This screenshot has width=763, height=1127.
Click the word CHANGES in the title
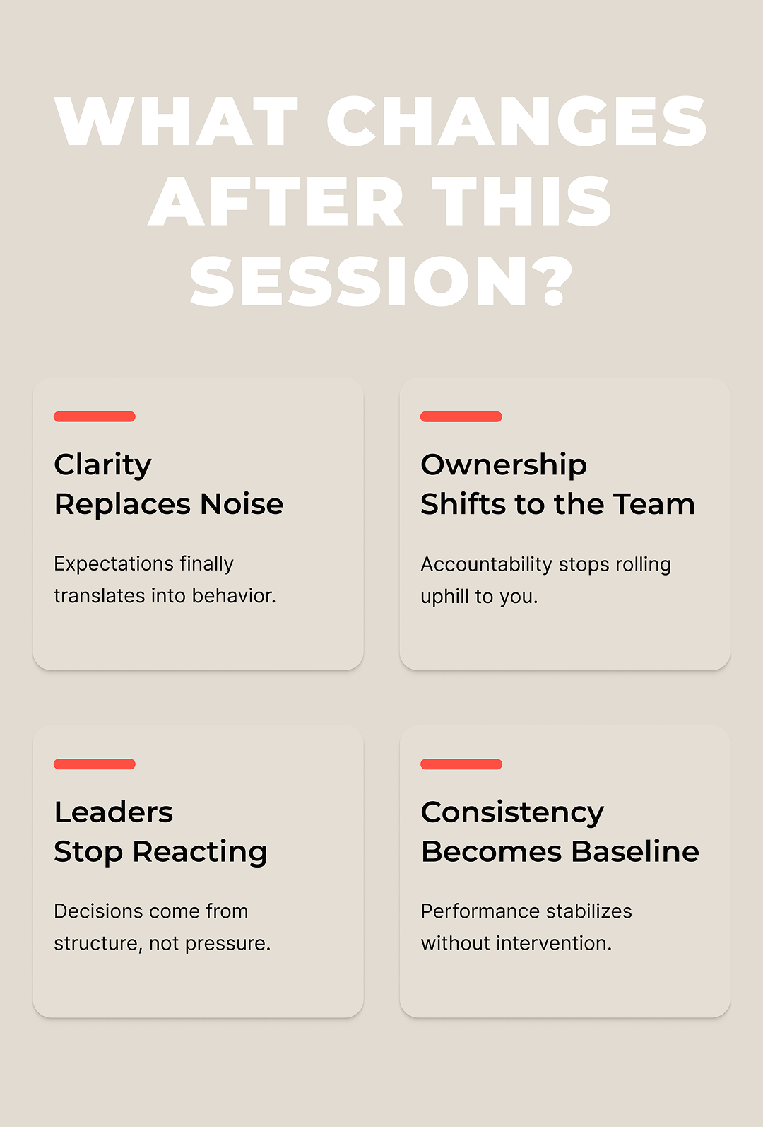tap(516, 121)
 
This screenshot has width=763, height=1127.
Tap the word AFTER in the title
tap(276, 202)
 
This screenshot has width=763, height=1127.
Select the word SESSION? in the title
tap(381, 281)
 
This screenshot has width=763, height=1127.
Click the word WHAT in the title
tap(176, 121)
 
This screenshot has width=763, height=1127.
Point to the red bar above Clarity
tap(95, 416)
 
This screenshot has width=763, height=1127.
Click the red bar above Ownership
tap(461, 416)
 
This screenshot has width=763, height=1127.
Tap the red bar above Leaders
tap(95, 764)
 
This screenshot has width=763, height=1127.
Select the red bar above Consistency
tap(461, 764)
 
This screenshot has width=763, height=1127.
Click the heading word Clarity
tap(102, 465)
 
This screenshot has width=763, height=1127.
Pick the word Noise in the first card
tap(242, 504)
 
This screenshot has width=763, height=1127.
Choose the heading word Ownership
tap(504, 465)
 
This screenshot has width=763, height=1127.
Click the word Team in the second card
tap(654, 504)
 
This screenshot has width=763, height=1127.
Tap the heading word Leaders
tap(114, 812)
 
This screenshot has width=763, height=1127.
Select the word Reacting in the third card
tap(200, 853)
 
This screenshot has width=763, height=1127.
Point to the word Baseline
tap(635, 852)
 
